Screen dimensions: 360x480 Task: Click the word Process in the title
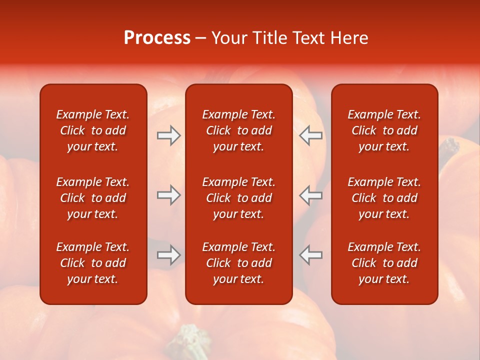tap(157, 38)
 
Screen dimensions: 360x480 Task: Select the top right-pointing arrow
tap(169, 135)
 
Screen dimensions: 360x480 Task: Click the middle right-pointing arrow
tap(169, 195)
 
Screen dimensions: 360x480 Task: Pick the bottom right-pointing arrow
tap(169, 255)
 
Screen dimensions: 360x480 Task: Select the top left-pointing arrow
tap(311, 135)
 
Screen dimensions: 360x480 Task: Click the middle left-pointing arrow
tap(311, 195)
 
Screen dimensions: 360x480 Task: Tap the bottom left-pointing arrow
tap(311, 255)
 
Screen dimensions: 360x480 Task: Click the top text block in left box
tap(93, 130)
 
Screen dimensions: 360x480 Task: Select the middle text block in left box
tap(93, 198)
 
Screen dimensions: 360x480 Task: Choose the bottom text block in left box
tap(93, 263)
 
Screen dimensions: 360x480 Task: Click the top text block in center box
tap(238, 130)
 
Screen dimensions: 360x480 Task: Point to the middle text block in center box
tap(238, 198)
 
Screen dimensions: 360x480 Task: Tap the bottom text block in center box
tap(238, 263)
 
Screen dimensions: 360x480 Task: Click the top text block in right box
tap(384, 130)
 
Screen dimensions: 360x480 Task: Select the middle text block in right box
tap(384, 198)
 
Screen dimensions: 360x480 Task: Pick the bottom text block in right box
tap(384, 263)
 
